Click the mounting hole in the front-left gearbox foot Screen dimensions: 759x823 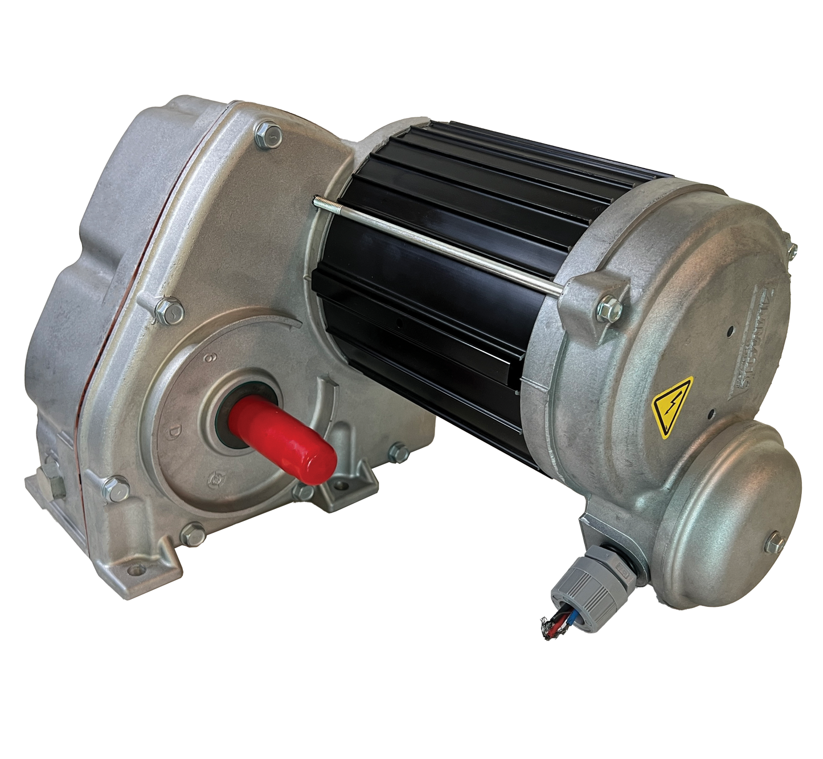click(x=133, y=568)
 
